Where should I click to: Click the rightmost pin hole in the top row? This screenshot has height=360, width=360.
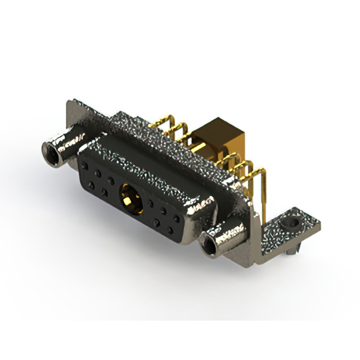coord(179,213)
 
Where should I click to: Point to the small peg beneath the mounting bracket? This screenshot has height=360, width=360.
coord(288,253)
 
